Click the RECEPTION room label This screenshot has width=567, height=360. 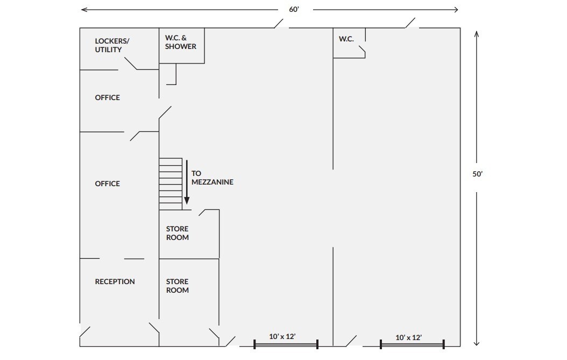tap(115, 281)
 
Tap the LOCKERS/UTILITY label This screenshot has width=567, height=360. tap(112, 45)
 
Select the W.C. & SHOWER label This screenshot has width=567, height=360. tap(180, 42)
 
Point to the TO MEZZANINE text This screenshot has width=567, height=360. tap(212, 178)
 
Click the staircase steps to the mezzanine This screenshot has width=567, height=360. tap(171, 184)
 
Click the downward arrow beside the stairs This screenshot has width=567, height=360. tap(187, 182)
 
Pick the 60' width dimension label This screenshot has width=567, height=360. tap(294, 9)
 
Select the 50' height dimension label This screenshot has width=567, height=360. tap(477, 174)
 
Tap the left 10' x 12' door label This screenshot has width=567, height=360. tap(282, 336)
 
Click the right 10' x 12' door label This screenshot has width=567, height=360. tap(409, 337)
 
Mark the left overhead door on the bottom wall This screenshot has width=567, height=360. tap(286, 345)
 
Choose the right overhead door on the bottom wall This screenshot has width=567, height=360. tap(412, 345)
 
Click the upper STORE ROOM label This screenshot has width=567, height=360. tap(177, 233)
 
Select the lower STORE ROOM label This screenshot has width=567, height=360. tap(177, 286)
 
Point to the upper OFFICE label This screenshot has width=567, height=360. tap(108, 97)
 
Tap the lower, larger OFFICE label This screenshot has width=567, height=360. tap(108, 183)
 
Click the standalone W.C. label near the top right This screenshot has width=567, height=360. tap(346, 39)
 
